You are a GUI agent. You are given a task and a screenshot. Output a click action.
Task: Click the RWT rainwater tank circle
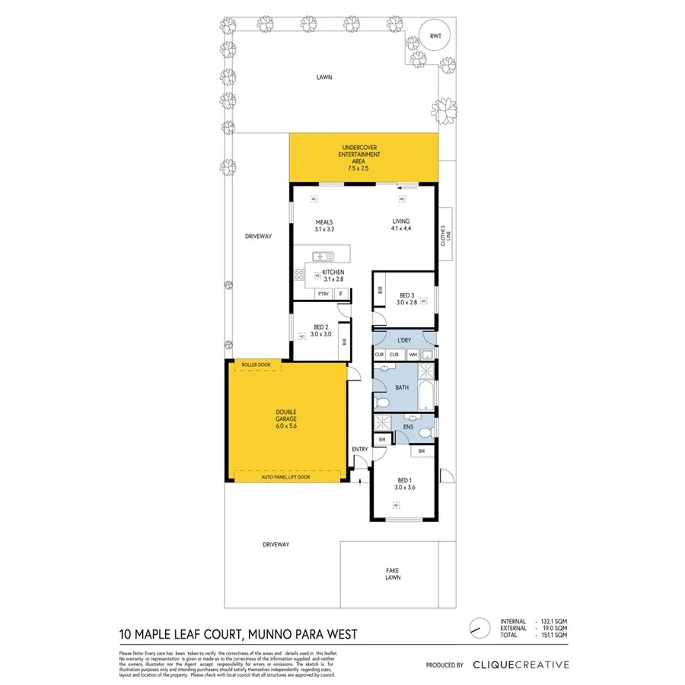435,37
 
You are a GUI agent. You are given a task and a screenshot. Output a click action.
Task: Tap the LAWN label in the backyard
325,77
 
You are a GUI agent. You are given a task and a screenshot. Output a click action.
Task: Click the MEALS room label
324,225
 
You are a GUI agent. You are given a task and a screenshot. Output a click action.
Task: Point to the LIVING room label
400,225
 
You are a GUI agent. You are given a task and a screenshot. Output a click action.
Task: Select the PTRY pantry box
323,294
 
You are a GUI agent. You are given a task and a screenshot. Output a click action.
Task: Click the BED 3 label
406,298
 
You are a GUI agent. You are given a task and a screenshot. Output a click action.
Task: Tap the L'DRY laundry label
403,340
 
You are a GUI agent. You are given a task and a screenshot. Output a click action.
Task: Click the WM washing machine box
413,355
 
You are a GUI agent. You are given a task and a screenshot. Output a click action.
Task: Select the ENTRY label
360,449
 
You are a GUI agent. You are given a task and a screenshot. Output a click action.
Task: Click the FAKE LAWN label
392,574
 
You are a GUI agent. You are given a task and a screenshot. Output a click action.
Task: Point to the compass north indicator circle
478,628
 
